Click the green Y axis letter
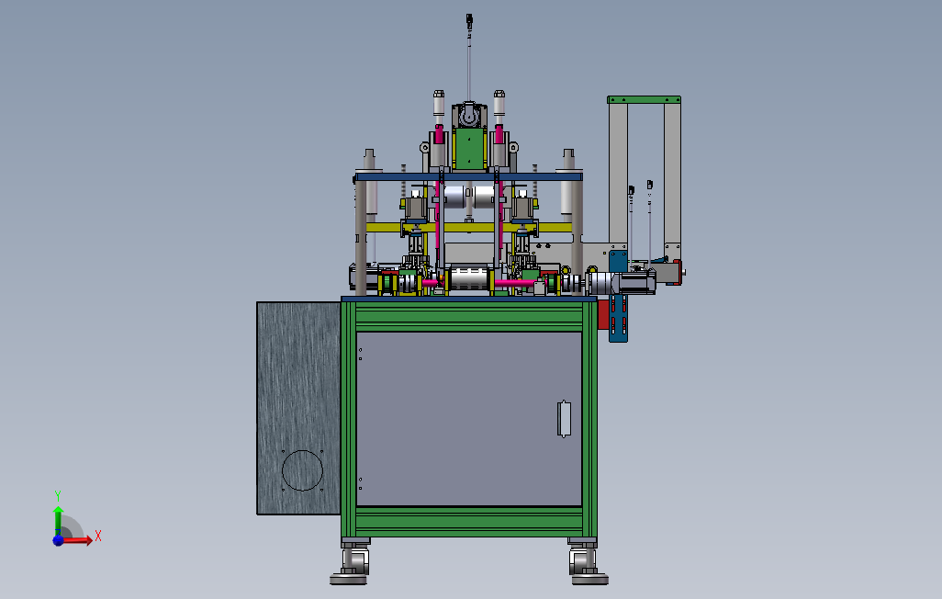[x=58, y=495]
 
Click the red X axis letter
[x=98, y=536]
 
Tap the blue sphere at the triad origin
[x=58, y=540]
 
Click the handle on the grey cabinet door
[x=564, y=419]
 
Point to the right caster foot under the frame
[x=589, y=566]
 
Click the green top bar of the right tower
[x=644, y=99]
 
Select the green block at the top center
[x=470, y=149]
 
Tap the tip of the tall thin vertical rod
[x=469, y=16]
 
